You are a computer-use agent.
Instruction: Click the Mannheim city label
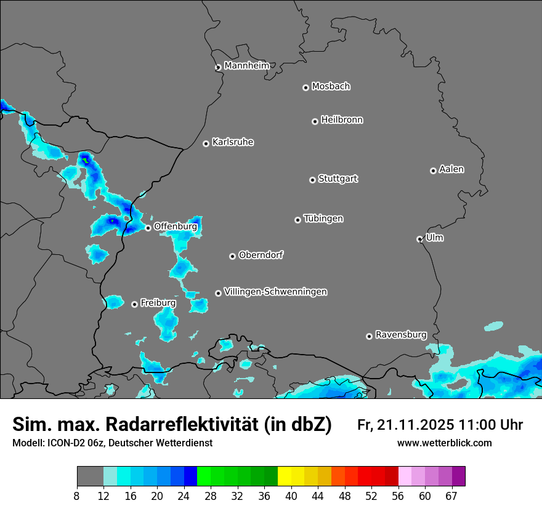(x=246, y=66)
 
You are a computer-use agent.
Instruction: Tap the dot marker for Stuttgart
(x=312, y=180)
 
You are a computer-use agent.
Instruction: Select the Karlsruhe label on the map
(x=233, y=142)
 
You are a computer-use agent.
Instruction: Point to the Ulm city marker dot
(x=419, y=239)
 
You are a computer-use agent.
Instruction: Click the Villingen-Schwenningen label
(x=275, y=292)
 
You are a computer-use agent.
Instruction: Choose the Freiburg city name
(x=158, y=303)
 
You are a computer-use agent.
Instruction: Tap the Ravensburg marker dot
(x=369, y=336)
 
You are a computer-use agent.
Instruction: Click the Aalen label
(x=451, y=169)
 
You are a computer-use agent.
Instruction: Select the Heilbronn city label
(x=342, y=120)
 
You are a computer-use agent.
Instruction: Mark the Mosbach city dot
(x=305, y=87)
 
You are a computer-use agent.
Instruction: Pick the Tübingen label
(x=323, y=219)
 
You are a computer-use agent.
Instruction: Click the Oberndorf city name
(x=261, y=255)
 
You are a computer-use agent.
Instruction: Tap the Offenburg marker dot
(x=148, y=228)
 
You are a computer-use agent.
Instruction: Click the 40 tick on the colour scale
(x=291, y=495)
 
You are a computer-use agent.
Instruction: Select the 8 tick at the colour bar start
(x=77, y=495)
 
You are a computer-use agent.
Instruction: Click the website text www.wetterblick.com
(x=444, y=443)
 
